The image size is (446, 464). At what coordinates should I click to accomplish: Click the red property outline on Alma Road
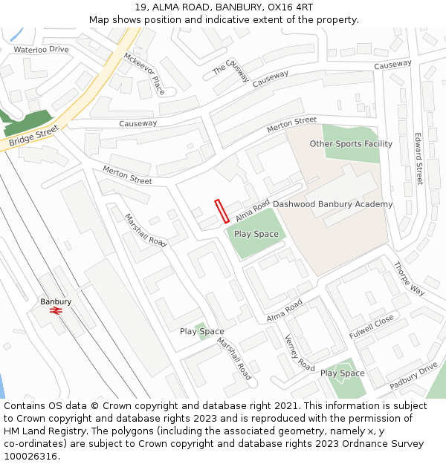222,211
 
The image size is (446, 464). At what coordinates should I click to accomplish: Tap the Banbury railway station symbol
56,311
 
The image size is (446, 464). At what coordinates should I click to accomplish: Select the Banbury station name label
56,301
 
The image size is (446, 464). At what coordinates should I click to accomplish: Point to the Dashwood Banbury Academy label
332,204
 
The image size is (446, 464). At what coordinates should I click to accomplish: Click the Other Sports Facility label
351,144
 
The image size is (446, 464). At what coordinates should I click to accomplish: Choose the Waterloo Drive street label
41,50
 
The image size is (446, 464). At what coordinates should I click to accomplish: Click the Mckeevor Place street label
144,73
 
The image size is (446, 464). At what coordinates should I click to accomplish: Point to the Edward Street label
418,159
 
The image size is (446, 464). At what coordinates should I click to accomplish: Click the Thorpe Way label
408,278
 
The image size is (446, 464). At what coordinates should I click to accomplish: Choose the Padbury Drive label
413,376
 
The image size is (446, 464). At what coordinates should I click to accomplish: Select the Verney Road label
300,352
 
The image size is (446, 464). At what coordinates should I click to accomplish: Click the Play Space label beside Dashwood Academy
256,234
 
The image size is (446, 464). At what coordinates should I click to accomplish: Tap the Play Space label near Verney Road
342,373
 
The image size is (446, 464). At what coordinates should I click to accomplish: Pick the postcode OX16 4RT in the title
288,7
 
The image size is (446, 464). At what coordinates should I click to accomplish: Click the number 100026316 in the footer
31,457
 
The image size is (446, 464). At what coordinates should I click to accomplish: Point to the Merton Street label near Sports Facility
291,125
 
